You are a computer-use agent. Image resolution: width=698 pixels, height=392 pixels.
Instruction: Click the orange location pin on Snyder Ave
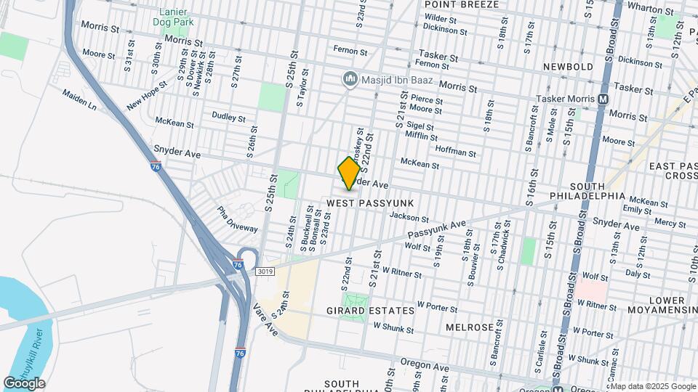[x=349, y=173]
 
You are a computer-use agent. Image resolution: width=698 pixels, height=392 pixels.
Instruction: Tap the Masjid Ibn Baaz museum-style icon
[x=350, y=78]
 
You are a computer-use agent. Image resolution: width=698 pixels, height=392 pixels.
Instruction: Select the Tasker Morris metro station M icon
[x=603, y=99]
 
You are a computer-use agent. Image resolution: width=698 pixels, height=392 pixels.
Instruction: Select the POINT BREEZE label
[x=462, y=4]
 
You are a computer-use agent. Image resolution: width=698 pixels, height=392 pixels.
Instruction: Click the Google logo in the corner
[x=24, y=383]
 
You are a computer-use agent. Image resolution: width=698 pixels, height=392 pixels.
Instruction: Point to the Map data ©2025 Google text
[x=652, y=386]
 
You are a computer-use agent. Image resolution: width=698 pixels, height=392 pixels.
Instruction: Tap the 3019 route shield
[x=265, y=271]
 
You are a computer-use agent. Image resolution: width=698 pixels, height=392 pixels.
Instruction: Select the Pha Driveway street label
[x=238, y=220]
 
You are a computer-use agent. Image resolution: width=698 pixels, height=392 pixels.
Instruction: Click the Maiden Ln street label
[x=79, y=99]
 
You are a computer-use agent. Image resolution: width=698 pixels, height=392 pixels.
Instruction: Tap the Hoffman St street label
[x=455, y=153]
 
